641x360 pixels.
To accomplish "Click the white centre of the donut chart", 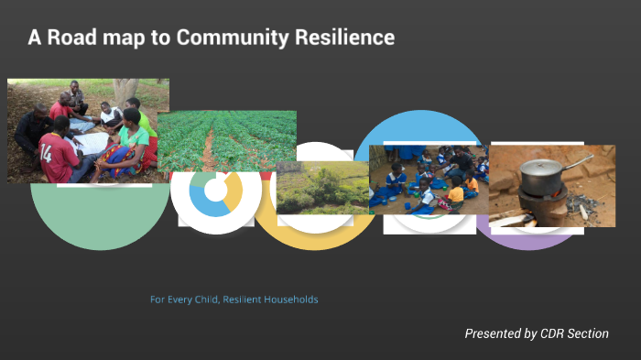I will coord(215,191).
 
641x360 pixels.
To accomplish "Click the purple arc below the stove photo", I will coord(527,240).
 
